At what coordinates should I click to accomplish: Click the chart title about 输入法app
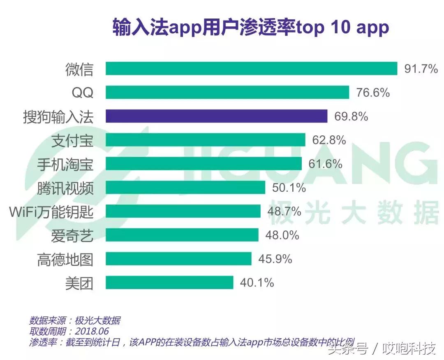pos(251,28)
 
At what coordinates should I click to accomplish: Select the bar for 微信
pos(251,69)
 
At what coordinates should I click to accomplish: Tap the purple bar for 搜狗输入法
pos(216,116)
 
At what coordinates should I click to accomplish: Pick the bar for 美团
pos(169,283)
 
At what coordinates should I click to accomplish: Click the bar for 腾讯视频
pos(185,188)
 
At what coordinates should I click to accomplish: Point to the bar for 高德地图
pos(178,259)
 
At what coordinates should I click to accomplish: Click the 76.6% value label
pos(372,93)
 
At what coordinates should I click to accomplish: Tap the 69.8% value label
pos(351,116)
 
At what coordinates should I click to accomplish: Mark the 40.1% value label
pos(257,283)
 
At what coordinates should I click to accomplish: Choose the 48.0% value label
pos(282,235)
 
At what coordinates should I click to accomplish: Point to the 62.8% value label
pos(329,140)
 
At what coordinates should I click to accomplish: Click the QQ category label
pos(82,93)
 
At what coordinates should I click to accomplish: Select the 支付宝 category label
pos(72,140)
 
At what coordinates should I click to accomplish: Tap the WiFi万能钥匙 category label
pos(51,212)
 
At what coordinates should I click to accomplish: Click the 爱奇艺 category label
pos(72,236)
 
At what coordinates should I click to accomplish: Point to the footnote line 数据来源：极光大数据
pos(74,321)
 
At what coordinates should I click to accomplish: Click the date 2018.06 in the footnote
pos(92,331)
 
